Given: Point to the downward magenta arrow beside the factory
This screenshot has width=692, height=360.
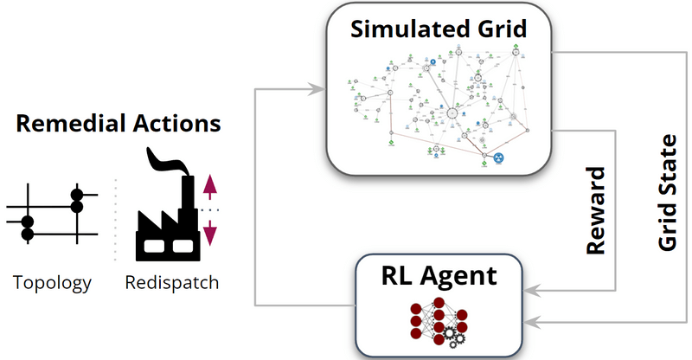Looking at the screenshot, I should (209, 232).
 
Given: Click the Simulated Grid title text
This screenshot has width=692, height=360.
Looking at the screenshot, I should (439, 29).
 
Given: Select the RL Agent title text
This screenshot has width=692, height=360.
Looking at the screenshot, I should (439, 277).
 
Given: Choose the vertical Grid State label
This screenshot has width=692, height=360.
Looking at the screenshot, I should (667, 193).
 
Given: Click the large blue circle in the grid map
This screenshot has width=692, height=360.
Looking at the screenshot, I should (498, 157).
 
